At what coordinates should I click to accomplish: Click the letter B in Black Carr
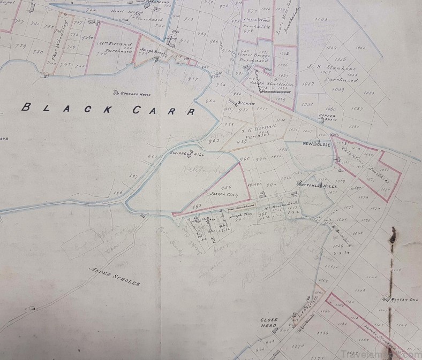tap(25, 106)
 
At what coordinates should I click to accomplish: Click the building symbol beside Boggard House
tap(116, 92)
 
